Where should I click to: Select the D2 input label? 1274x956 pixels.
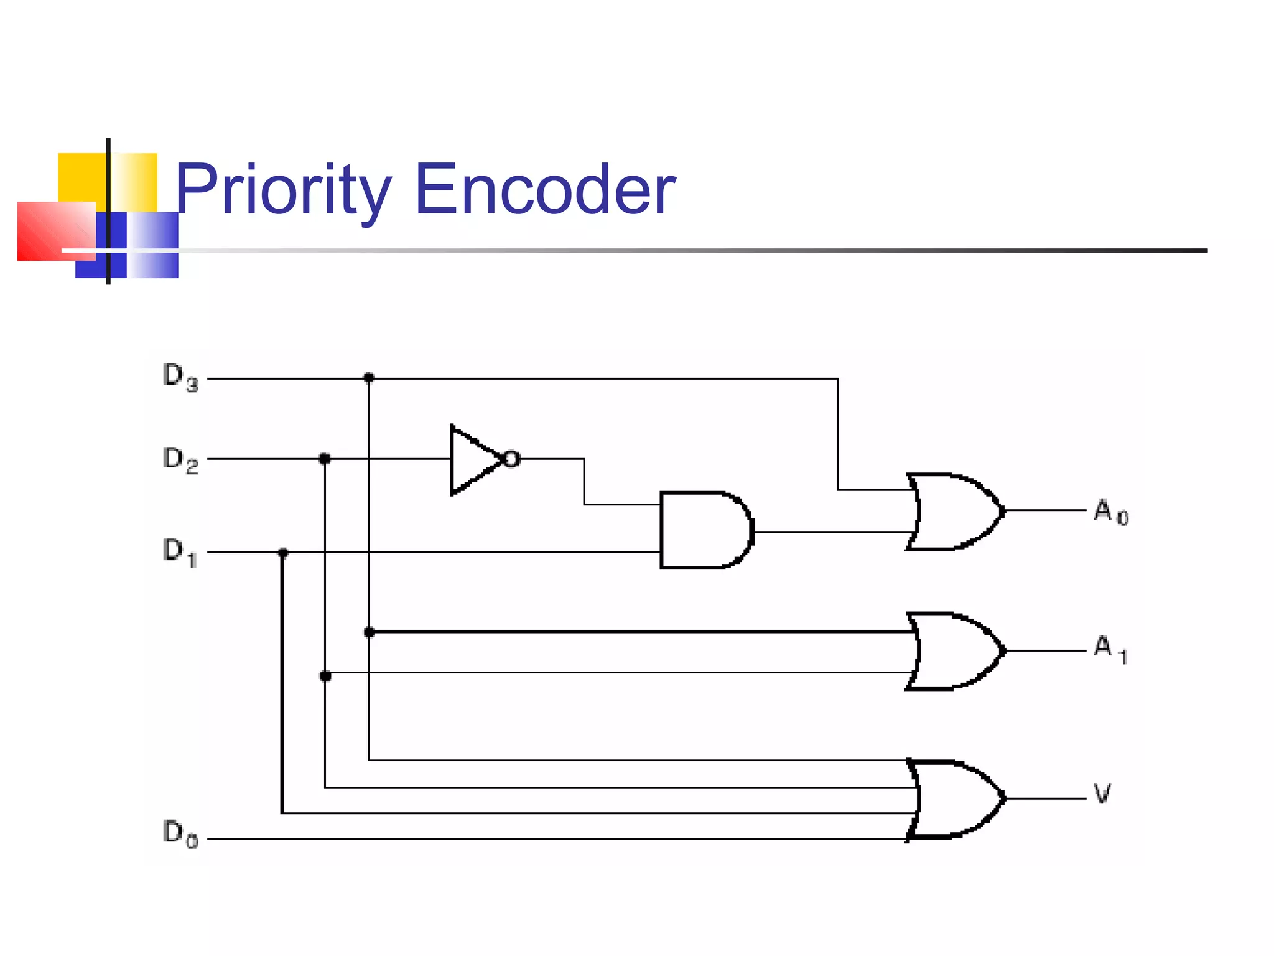click(x=180, y=460)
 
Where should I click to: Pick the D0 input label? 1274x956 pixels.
click(x=180, y=833)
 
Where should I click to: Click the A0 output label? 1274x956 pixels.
click(x=1111, y=512)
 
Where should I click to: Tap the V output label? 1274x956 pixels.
click(x=1102, y=794)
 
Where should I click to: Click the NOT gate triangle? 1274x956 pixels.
click(x=473, y=460)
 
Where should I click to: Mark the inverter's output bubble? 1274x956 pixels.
click(x=511, y=459)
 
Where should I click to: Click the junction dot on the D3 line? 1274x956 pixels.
click(x=369, y=377)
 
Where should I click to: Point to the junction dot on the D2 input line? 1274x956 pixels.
click(x=324, y=459)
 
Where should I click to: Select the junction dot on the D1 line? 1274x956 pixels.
click(x=283, y=553)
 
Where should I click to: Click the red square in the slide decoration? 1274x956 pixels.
click(x=56, y=231)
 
